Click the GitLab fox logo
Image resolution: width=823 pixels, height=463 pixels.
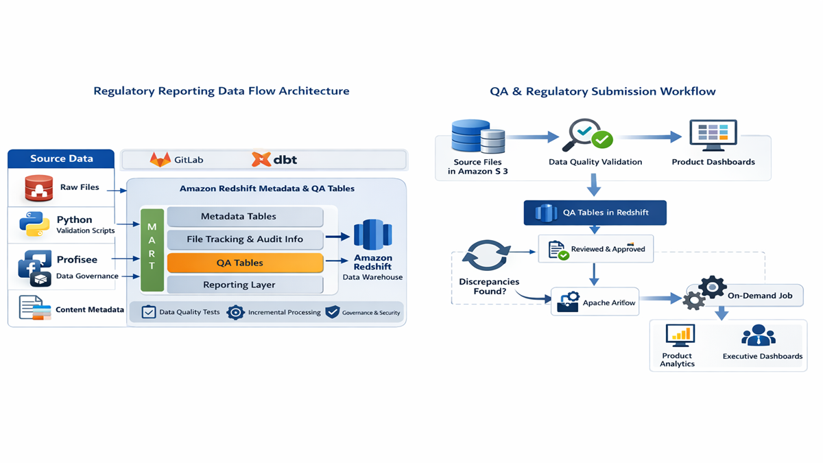click(x=160, y=160)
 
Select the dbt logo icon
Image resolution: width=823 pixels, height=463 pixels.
click(x=261, y=160)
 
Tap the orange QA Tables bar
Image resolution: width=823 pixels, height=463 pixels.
click(x=245, y=263)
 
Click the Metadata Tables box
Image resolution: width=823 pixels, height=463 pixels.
click(x=245, y=217)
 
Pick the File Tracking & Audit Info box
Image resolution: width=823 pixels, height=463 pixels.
click(x=245, y=239)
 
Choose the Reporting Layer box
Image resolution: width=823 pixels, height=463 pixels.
click(x=245, y=285)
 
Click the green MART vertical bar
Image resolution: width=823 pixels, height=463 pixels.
click(x=152, y=250)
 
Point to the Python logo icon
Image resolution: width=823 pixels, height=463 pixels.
click(x=34, y=224)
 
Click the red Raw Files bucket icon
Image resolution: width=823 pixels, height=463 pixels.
click(x=39, y=189)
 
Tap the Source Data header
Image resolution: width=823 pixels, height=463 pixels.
click(x=61, y=158)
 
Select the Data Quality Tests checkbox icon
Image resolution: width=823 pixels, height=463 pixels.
click(x=148, y=312)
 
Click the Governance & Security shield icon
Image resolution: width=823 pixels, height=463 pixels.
click(x=333, y=312)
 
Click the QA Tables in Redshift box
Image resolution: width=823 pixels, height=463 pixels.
click(x=595, y=213)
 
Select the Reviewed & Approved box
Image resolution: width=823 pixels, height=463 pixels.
click(x=595, y=249)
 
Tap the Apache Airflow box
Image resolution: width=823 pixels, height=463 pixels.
click(x=595, y=302)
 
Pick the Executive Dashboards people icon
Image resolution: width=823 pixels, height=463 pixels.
click(x=759, y=336)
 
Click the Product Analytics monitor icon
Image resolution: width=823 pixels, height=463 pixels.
click(x=680, y=335)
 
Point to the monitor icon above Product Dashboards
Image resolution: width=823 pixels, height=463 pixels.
click(x=713, y=135)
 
